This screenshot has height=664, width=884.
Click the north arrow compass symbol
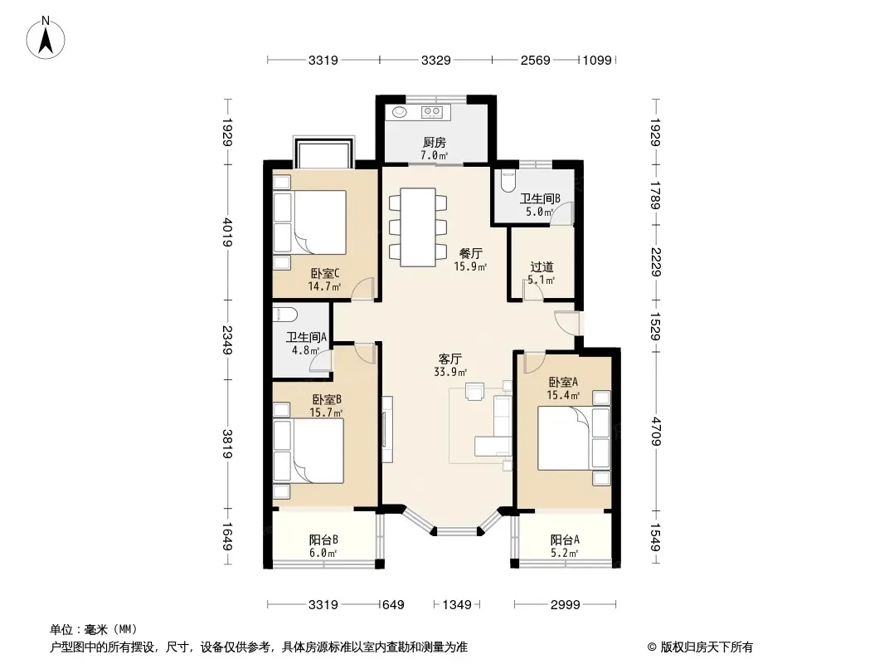(x=46, y=38)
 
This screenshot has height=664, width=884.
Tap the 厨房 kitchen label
(x=434, y=143)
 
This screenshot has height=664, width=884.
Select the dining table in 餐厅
(x=418, y=227)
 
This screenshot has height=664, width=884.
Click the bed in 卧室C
(x=310, y=222)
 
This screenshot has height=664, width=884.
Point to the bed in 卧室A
(x=574, y=437)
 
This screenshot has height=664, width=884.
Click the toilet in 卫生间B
(x=508, y=180)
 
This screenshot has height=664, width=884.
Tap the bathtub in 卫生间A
(x=285, y=313)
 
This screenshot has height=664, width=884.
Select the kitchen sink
(x=400, y=112)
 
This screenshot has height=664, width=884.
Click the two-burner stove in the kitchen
(x=432, y=112)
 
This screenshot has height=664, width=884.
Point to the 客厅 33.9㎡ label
(x=450, y=365)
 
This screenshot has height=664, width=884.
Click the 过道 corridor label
(x=542, y=266)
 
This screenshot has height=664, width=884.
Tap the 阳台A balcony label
(x=565, y=539)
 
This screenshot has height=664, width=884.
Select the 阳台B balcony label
(x=323, y=539)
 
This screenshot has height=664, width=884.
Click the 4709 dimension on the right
(x=655, y=432)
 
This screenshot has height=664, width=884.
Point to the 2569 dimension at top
(x=535, y=60)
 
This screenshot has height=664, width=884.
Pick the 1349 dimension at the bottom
(x=457, y=605)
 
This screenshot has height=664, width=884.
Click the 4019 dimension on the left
(x=227, y=232)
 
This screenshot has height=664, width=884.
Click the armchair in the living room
(x=474, y=391)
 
